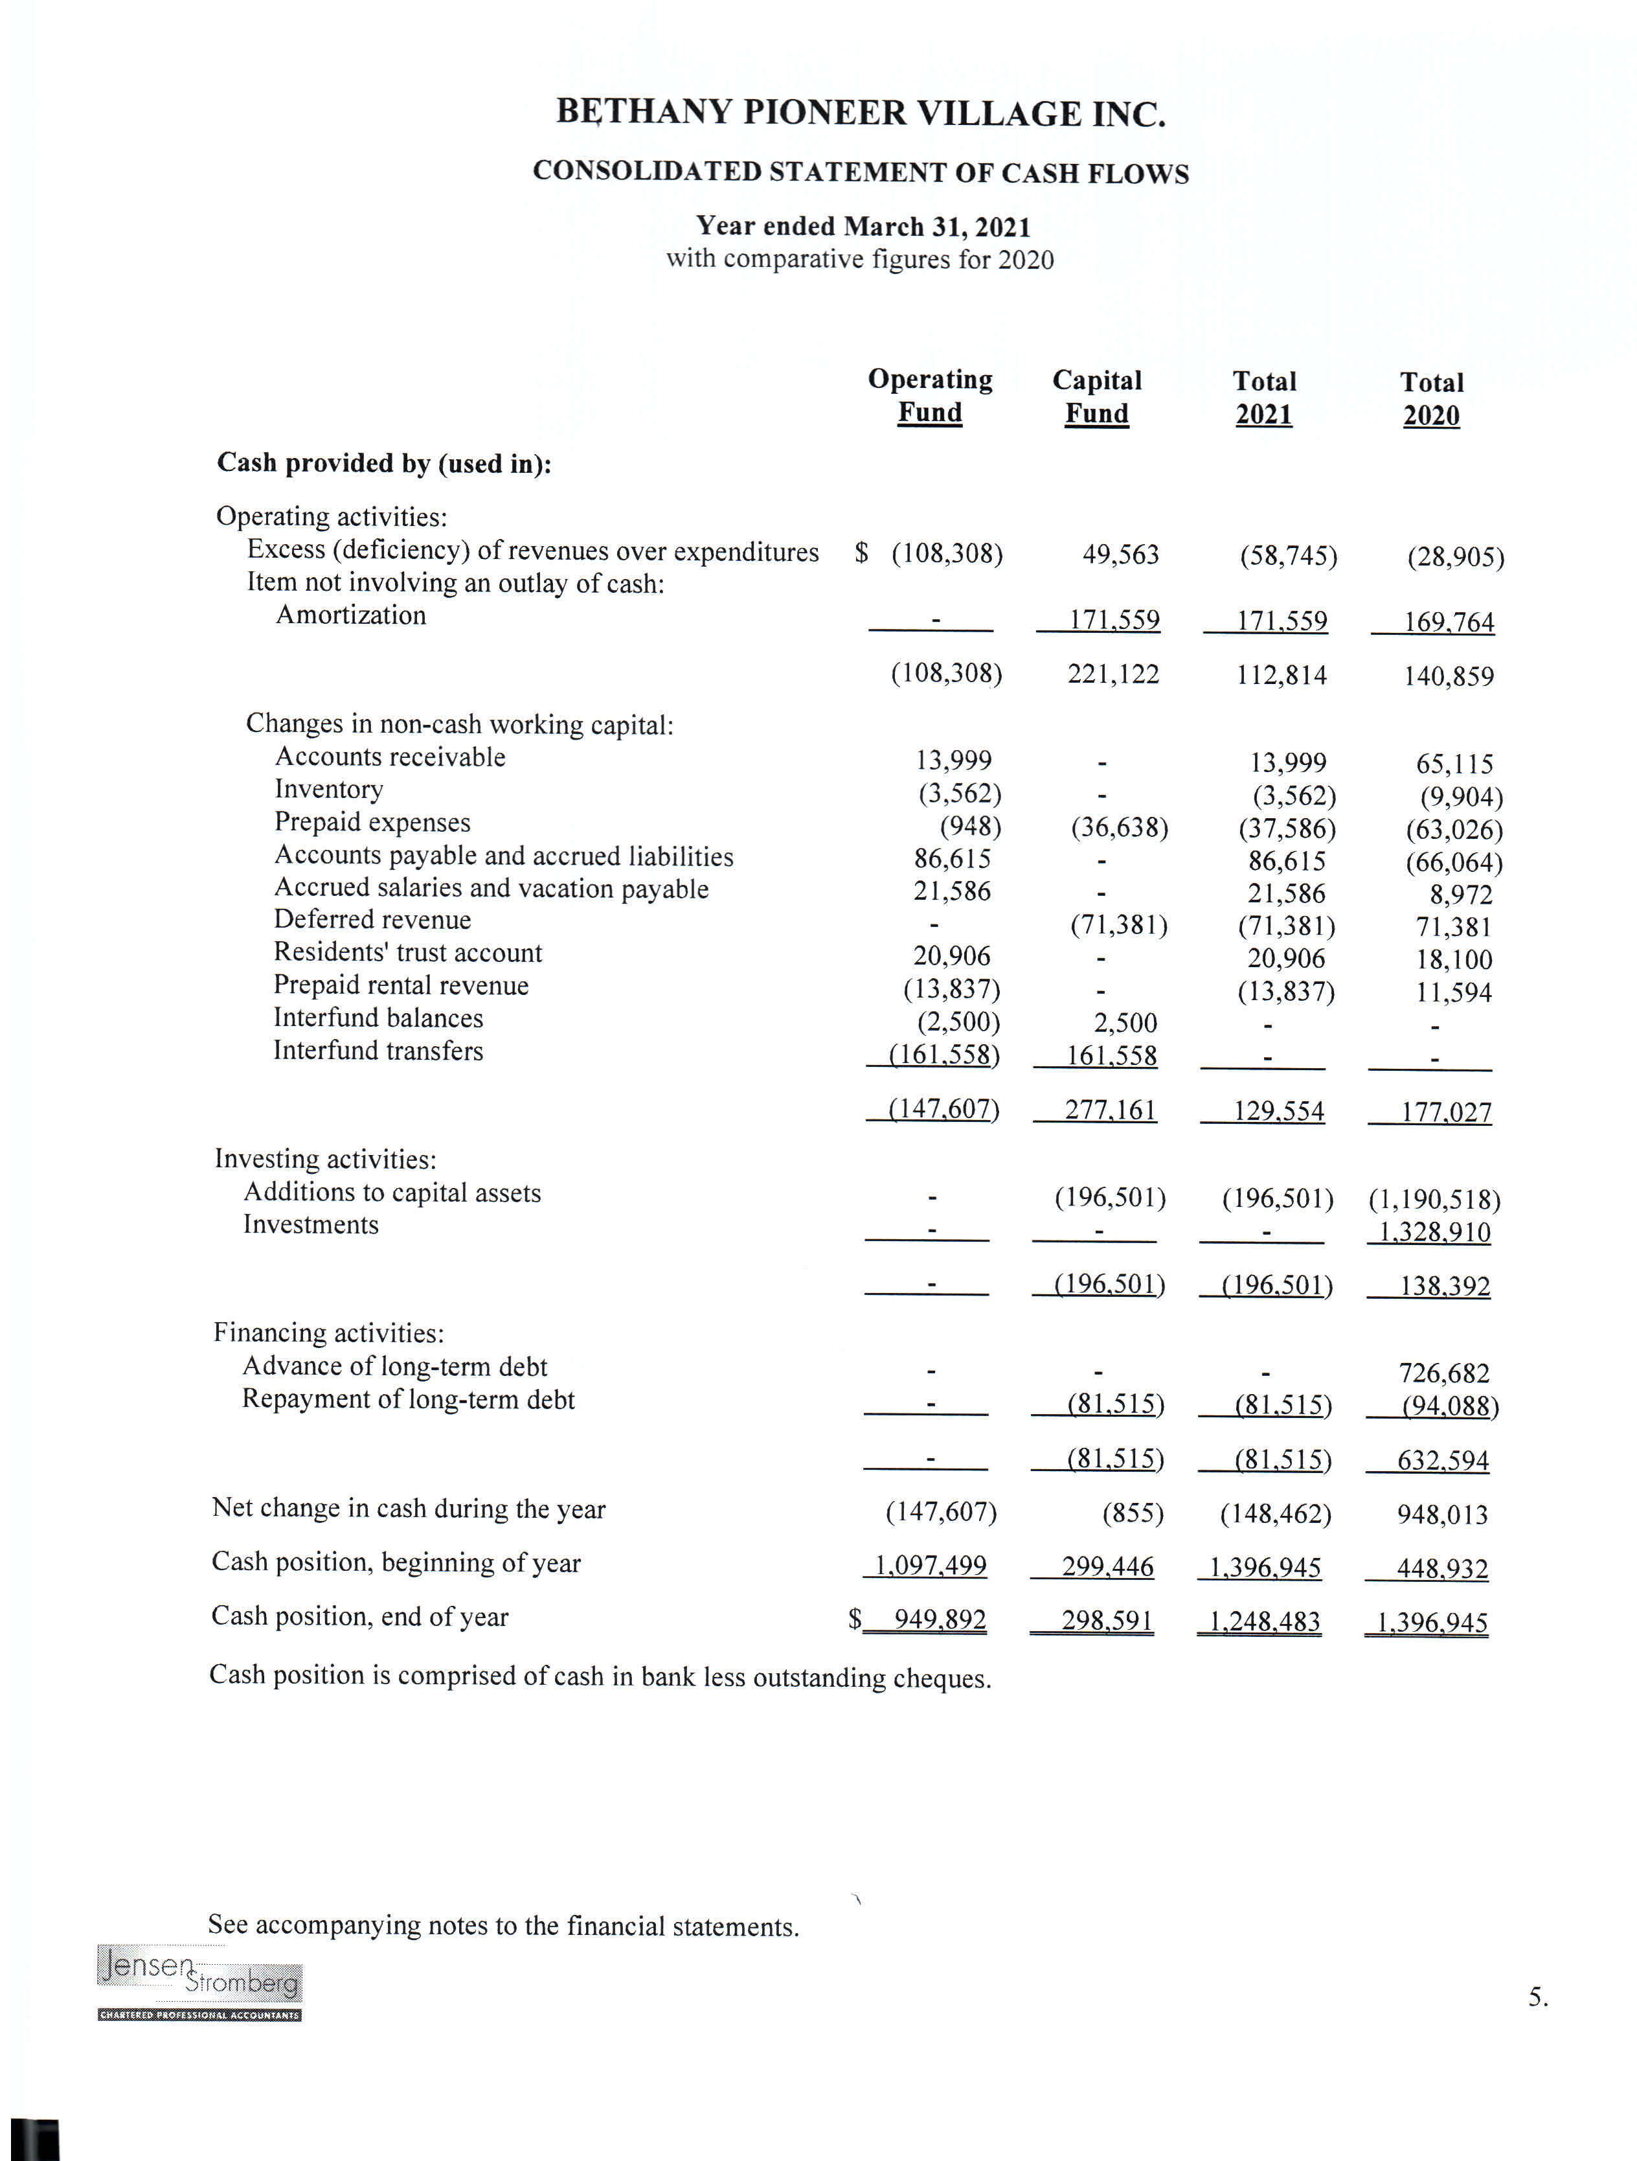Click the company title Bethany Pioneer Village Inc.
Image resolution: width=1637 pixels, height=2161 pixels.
click(x=861, y=113)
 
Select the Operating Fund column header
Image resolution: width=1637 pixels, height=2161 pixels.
click(x=930, y=396)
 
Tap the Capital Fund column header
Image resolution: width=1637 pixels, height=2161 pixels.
click(x=1097, y=396)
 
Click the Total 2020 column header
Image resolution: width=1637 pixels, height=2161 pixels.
click(x=1432, y=398)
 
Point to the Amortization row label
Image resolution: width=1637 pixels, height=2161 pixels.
click(x=350, y=615)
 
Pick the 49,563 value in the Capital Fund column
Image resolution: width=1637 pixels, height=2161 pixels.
click(x=1120, y=555)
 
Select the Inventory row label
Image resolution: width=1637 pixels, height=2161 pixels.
click(x=328, y=790)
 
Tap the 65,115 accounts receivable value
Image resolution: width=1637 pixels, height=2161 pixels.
click(x=1454, y=764)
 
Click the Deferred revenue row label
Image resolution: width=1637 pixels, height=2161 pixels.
click(x=372, y=920)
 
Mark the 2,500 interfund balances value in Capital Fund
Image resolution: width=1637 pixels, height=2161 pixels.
click(x=1125, y=1023)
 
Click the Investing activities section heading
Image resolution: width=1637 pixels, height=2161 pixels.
click(x=325, y=1160)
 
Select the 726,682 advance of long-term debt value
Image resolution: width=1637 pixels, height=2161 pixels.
click(x=1443, y=1373)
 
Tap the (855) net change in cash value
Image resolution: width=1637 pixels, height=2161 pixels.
click(x=1133, y=1513)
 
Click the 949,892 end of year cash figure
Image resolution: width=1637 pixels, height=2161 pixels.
click(x=940, y=1619)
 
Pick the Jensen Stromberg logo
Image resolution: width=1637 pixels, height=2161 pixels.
click(x=199, y=1984)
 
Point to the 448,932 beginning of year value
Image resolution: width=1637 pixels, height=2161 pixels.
click(x=1441, y=1568)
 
